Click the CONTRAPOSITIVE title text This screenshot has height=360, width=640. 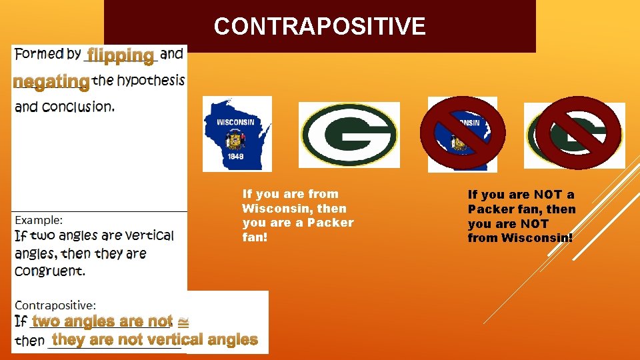coord(319,27)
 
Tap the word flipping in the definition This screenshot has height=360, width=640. coord(121,55)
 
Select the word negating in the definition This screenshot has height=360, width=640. coord(51,81)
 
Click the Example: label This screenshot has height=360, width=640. coord(39,219)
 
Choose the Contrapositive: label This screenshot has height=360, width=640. coord(55,305)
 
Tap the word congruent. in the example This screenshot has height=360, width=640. coord(50,271)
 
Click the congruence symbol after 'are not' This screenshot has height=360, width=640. coord(183,321)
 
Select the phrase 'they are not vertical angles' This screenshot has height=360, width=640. coord(155,339)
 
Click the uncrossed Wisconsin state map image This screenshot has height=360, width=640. coord(237,133)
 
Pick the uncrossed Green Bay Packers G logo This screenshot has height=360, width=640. coord(349,135)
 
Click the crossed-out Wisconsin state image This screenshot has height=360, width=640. coord(462,133)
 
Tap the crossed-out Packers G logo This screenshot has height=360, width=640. coord(574,134)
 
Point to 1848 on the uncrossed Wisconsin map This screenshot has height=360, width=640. coord(234,157)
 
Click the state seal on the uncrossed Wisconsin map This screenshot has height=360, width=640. coord(235,139)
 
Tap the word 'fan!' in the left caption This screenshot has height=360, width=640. coord(255,237)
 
